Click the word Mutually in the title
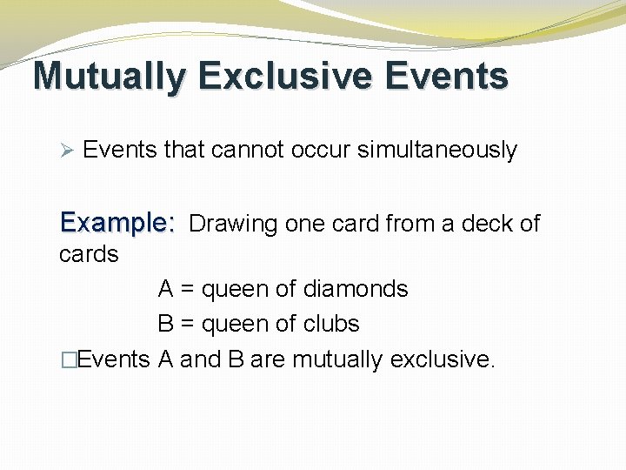click(x=110, y=77)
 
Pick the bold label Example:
click(x=117, y=223)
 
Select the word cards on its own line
click(x=89, y=254)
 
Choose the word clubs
click(x=330, y=324)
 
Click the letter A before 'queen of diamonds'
click(x=165, y=289)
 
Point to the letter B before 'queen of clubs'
click(x=165, y=324)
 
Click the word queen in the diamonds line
click(x=236, y=290)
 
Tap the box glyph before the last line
click(x=66, y=359)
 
